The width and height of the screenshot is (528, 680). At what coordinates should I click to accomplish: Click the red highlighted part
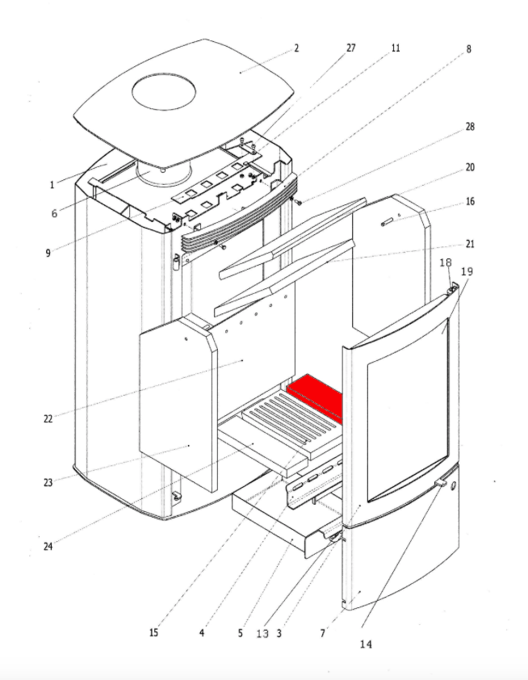click(317, 396)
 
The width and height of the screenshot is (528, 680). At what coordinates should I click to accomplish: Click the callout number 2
click(296, 48)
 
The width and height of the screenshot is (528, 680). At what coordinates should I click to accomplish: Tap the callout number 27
click(350, 48)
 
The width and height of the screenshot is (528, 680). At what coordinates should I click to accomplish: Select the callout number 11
click(395, 48)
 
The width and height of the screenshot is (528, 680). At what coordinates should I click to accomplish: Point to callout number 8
click(468, 49)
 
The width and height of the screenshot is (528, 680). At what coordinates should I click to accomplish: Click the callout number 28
click(469, 127)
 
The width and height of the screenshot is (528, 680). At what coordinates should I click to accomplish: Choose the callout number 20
click(469, 167)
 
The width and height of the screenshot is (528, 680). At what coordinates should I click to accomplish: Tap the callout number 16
click(469, 202)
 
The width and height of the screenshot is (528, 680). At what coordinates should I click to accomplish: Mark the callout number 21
click(469, 243)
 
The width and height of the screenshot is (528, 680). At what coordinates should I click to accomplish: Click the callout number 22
click(48, 418)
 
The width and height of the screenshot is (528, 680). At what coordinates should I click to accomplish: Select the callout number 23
click(48, 483)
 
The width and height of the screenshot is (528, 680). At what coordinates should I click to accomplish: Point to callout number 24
click(48, 546)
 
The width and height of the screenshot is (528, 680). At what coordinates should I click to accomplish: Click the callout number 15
click(153, 632)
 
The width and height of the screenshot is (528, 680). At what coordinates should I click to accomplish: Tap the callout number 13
click(262, 634)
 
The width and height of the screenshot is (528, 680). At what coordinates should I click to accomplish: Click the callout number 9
click(48, 252)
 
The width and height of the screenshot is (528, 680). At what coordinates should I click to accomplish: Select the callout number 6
click(53, 213)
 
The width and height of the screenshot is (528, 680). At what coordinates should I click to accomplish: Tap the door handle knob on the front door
click(442, 482)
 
